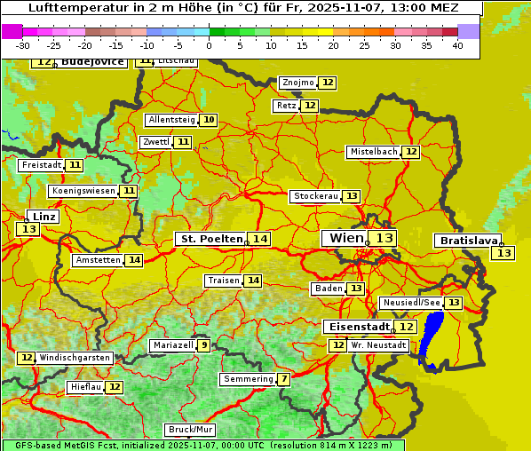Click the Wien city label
click(x=346, y=238)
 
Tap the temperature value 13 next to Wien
click(x=384, y=238)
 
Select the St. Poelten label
click(x=211, y=239)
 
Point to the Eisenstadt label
click(x=355, y=327)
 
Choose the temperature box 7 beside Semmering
click(x=283, y=379)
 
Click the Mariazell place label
click(x=172, y=345)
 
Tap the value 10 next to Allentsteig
click(x=209, y=120)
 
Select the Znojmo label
click(x=297, y=83)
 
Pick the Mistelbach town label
click(x=372, y=152)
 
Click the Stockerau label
click(x=315, y=196)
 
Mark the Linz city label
click(x=44, y=217)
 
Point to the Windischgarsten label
click(x=75, y=358)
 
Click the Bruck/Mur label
click(x=190, y=430)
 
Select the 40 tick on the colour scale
click(x=457, y=45)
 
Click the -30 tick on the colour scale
click(x=23, y=45)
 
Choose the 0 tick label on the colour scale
click(x=210, y=45)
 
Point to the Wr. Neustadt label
click(x=378, y=344)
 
